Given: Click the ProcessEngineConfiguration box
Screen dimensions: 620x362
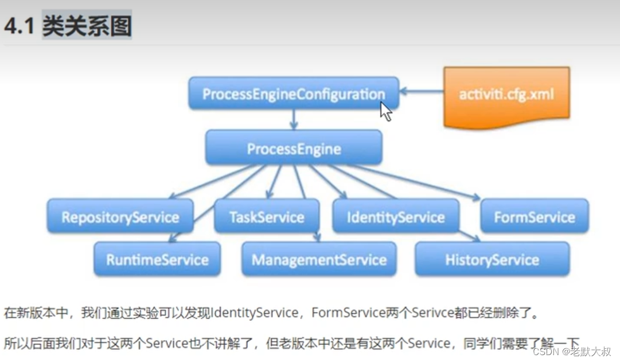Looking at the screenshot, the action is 293,94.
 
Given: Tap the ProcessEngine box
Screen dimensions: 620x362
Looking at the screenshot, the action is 294,149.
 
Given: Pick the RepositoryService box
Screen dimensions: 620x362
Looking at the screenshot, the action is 120,217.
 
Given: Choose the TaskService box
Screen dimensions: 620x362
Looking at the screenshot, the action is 266,217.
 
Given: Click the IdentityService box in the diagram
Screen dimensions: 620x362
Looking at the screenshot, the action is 395,217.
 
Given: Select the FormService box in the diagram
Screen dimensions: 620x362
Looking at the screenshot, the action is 534,217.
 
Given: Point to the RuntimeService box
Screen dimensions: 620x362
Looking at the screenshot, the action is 157,259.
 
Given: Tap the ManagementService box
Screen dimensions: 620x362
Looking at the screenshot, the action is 318,259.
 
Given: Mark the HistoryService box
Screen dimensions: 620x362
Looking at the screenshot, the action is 492,259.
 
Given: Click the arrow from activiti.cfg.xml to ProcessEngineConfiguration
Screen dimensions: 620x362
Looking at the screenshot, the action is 421,91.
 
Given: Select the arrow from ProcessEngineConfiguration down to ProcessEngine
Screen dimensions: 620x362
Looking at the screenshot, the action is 294,119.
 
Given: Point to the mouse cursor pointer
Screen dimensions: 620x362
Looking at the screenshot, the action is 385,110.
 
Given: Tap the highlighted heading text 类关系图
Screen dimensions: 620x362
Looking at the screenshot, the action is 87,26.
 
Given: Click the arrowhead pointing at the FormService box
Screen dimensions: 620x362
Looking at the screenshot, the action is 475,198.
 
